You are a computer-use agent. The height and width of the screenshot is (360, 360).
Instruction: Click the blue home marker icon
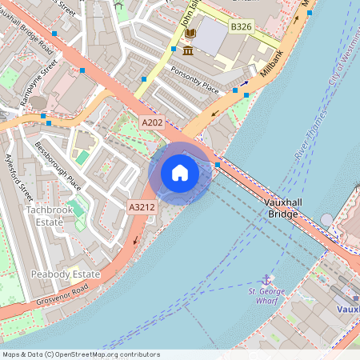(x=180, y=173)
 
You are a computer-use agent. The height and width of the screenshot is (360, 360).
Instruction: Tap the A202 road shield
(x=152, y=122)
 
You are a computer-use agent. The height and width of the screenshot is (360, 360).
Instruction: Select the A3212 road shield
(x=142, y=207)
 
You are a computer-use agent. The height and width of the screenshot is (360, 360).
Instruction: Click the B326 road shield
(x=242, y=27)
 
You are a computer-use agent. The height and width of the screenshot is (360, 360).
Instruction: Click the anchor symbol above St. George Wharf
(x=266, y=279)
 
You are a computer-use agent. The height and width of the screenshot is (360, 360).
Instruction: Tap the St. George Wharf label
(x=266, y=297)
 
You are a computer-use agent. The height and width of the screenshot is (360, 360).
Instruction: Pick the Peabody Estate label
(x=66, y=274)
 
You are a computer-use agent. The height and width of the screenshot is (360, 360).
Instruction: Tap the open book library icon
(x=190, y=34)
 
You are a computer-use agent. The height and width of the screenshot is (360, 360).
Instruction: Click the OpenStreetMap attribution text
(x=81, y=354)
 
